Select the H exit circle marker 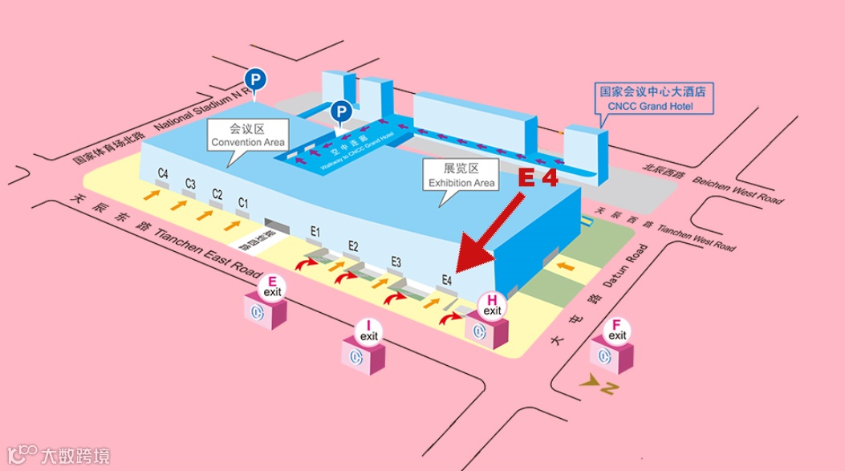pos(492,306)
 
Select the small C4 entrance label pos(163,173)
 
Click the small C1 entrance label pos(243,202)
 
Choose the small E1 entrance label pos(315,232)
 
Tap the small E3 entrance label pos(396,262)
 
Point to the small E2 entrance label pos(353,246)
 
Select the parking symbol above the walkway pos(341,111)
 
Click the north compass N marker pos(609,388)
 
